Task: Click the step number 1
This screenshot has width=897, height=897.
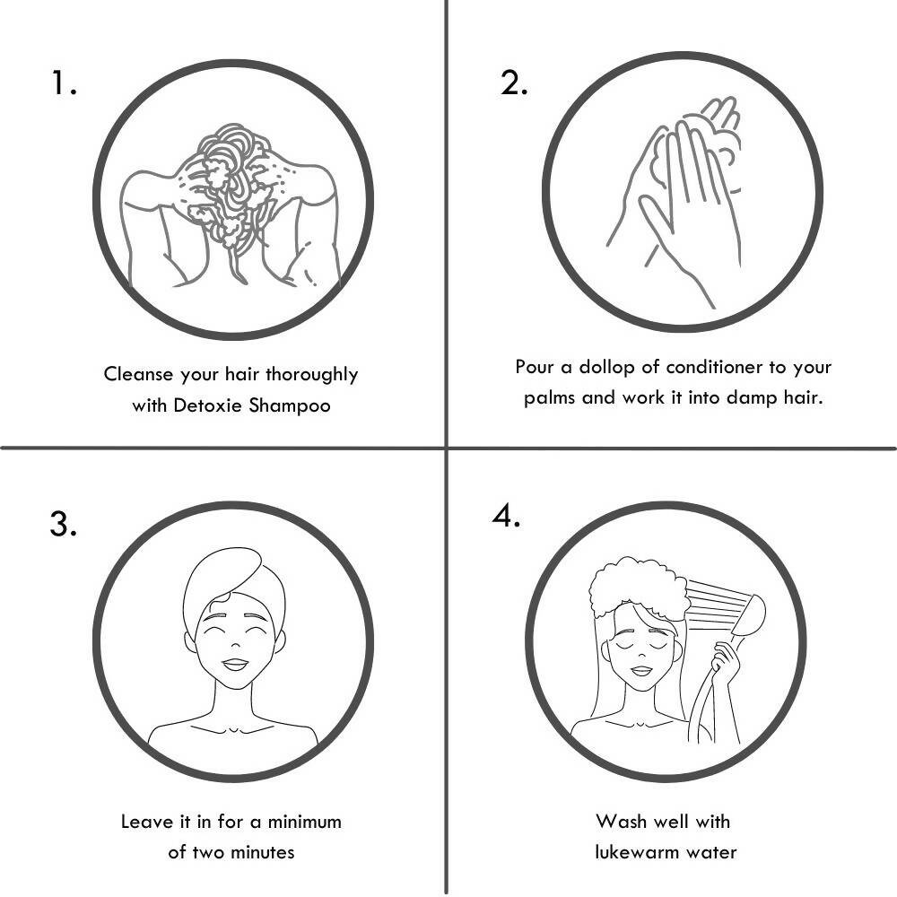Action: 64,83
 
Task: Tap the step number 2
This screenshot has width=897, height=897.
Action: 514,83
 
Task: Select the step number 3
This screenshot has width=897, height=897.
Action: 63,524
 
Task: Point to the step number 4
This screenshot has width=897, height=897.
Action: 506,516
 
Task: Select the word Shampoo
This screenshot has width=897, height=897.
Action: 290,406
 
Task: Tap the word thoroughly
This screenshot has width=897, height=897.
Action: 312,375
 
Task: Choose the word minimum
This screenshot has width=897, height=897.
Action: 304,822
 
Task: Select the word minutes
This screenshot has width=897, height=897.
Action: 261,852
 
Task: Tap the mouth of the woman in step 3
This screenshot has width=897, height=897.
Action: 235,665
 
